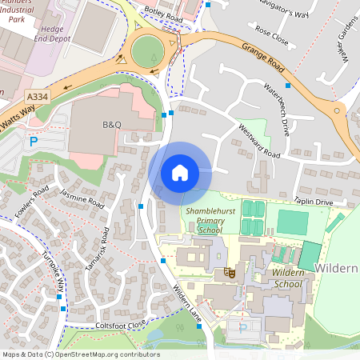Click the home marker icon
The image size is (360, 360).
click(180, 172)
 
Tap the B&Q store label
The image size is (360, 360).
click(110, 126)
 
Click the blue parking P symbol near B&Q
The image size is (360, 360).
click(34, 142)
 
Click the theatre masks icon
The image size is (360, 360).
click(229, 272)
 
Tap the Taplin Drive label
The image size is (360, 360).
click(312, 202)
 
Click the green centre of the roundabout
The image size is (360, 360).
click(147, 52)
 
